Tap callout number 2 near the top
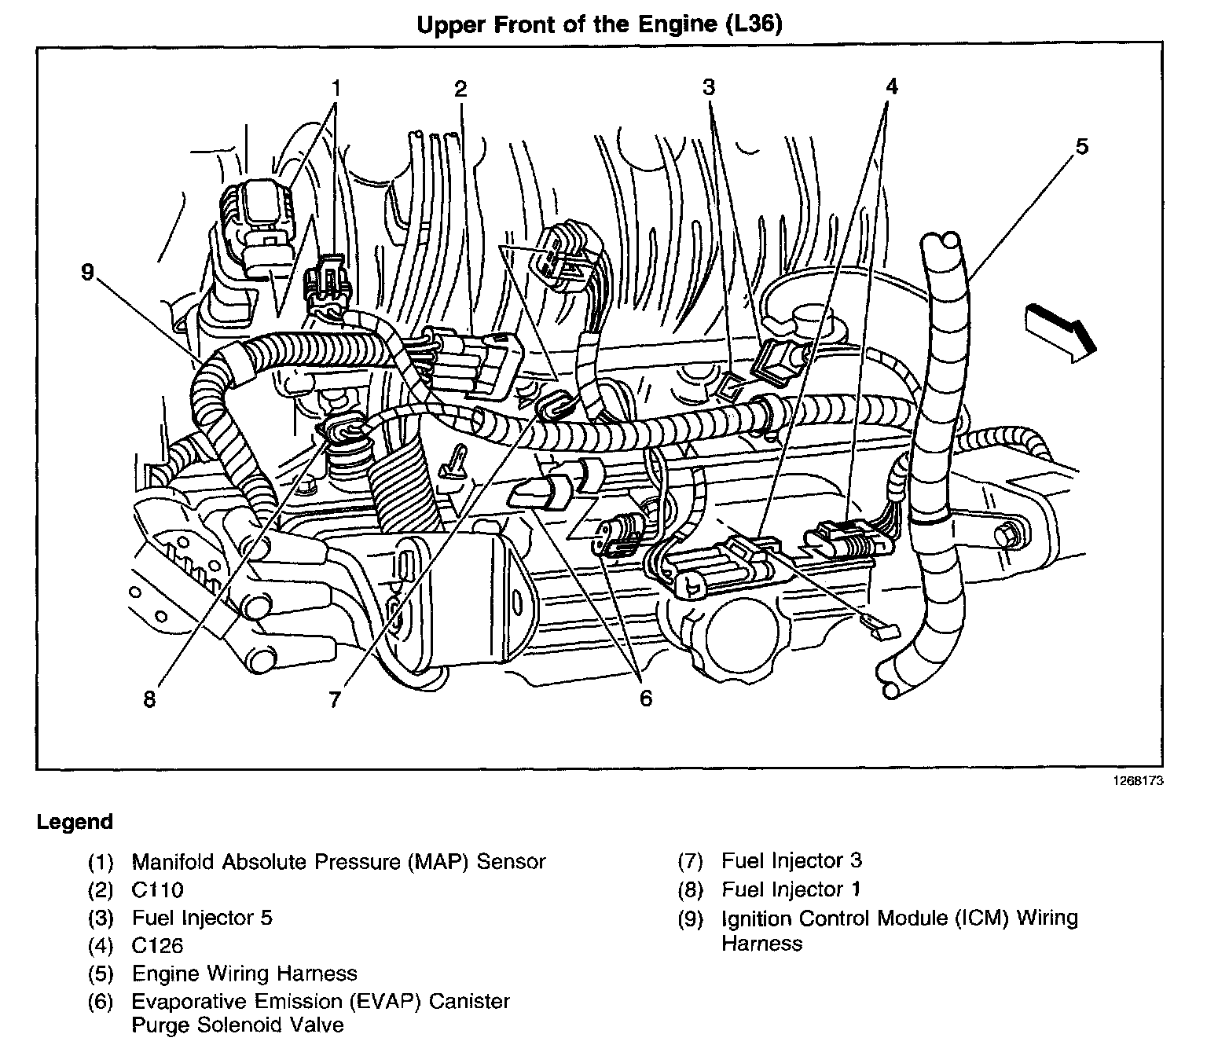[x=460, y=88]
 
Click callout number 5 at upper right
[x=1082, y=147]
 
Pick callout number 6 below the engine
[x=645, y=698]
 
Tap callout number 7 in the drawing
[x=336, y=698]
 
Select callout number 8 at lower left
[x=149, y=698]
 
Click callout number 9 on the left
[x=87, y=272]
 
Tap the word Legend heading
[x=75, y=823]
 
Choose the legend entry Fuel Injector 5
[x=202, y=918]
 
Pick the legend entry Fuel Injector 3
[x=791, y=861]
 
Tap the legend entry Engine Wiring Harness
[x=244, y=974]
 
